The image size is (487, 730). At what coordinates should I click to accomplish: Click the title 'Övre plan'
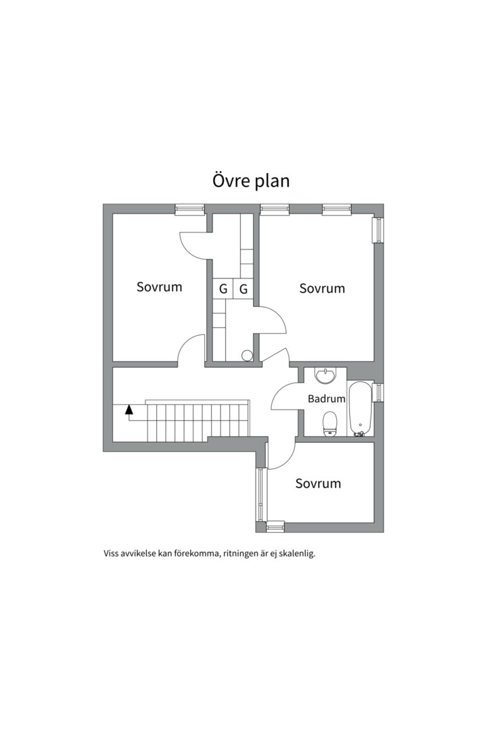click(251, 180)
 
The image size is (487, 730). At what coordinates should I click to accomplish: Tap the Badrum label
click(327, 399)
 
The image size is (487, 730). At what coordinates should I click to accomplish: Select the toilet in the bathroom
click(329, 424)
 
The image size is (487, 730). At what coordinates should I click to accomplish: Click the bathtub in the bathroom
click(361, 409)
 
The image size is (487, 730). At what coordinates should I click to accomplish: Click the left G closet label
click(223, 289)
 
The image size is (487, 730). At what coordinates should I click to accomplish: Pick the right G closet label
click(243, 289)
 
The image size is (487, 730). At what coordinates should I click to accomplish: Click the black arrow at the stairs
click(129, 409)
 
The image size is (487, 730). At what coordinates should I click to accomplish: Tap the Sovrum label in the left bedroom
click(160, 287)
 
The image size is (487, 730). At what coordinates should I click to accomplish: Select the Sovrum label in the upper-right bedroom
click(322, 288)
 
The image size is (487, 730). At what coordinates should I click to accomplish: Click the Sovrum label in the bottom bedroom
click(319, 483)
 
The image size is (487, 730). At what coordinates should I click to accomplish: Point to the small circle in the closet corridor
click(248, 356)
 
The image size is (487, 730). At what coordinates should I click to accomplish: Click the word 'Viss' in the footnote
click(111, 554)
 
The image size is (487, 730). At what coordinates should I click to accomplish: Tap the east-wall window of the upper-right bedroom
click(379, 229)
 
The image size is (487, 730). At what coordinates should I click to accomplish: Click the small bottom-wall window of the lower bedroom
click(275, 527)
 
